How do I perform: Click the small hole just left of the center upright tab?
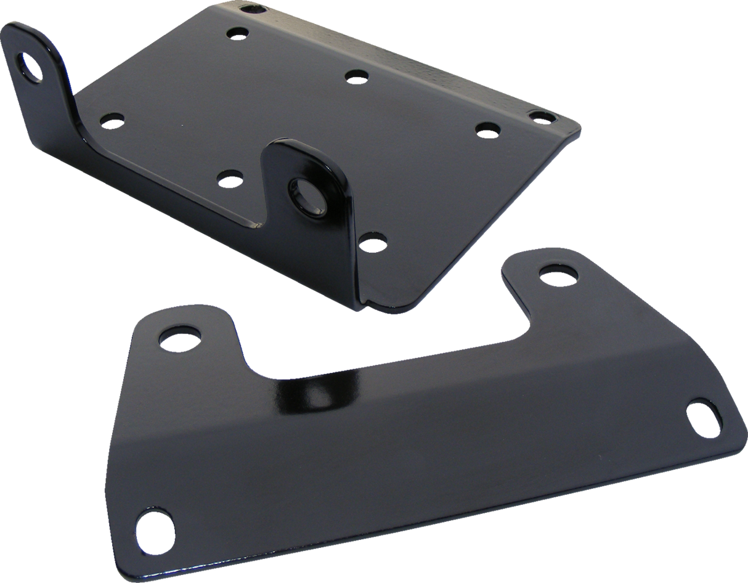[x=230, y=181]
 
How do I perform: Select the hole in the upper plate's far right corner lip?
[x=541, y=115]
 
